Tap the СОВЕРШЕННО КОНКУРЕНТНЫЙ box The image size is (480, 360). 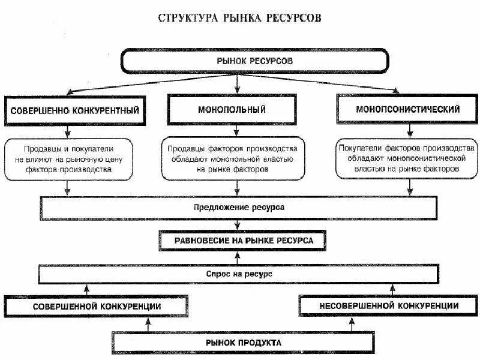click(x=74, y=111)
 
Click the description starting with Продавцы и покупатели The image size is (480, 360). click(x=68, y=158)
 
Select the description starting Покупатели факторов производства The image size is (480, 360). click(x=407, y=158)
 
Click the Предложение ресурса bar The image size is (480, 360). click(x=238, y=207)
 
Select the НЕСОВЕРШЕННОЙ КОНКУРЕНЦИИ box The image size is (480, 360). click(x=389, y=305)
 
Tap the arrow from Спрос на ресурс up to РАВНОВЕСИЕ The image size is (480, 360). click(x=238, y=257)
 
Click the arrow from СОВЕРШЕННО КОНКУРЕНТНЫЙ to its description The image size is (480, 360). click(x=67, y=131)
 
